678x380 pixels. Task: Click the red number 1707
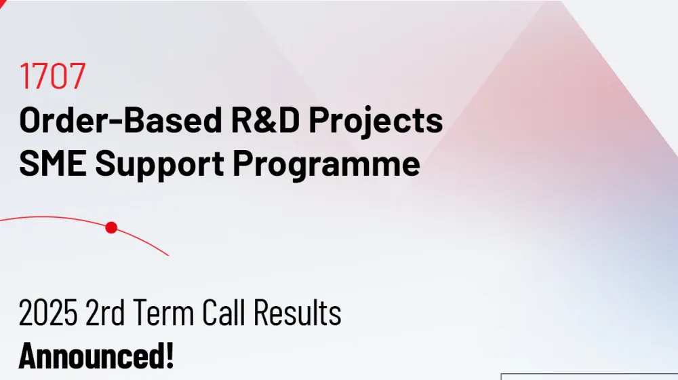tap(52, 76)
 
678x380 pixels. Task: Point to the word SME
tap(53, 163)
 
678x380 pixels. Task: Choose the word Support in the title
tap(159, 166)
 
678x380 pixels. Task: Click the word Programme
tap(327, 166)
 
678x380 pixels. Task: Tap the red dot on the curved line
tap(112, 227)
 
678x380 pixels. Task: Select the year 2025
tap(48, 312)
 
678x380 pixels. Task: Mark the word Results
tap(298, 312)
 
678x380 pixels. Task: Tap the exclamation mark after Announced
tap(169, 356)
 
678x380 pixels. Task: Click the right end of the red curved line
tap(168, 255)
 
